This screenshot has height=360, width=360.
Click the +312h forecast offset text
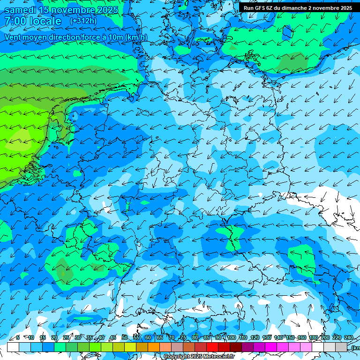coord(83,21)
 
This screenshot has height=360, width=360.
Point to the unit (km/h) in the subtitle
coord(135,37)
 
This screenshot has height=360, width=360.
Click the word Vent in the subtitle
coord(13,37)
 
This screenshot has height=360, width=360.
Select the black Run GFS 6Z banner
coord(298,7)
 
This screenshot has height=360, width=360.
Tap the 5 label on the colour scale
coord(18,338)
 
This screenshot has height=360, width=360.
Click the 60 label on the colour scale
coord(148,338)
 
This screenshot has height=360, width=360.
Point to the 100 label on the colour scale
coord(232,338)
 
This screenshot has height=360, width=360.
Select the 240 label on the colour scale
coord(349,338)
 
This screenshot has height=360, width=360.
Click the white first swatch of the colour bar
coord(13,347)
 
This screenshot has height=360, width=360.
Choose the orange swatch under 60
coord(154,347)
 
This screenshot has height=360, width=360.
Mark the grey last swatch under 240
coord(341,347)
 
